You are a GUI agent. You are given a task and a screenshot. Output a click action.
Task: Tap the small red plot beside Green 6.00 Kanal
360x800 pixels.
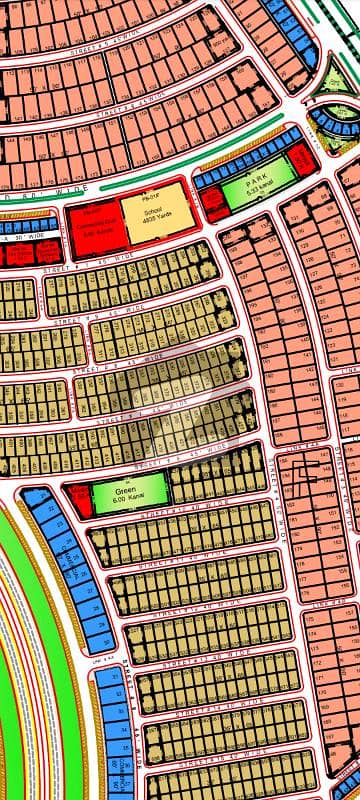click(x=78, y=493)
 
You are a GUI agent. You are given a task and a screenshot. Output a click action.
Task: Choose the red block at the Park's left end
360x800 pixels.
click(x=213, y=203)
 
